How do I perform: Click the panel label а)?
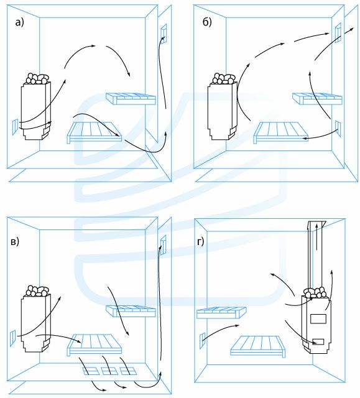click(x=19, y=22)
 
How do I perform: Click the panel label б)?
click(x=207, y=22)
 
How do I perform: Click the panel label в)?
click(x=15, y=242)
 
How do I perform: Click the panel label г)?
click(x=200, y=242)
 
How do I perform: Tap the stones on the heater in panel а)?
click(x=37, y=78)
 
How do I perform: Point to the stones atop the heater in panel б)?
click(x=224, y=78)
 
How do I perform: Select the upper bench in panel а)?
click(x=131, y=99)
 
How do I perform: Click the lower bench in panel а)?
click(x=95, y=132)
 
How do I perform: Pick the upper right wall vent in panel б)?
click(x=338, y=32)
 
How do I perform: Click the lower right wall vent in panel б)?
click(x=338, y=129)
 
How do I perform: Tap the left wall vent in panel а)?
click(x=15, y=127)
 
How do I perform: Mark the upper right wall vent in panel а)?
click(x=164, y=33)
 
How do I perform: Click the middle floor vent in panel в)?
click(x=109, y=371)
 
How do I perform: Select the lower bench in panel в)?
click(x=95, y=345)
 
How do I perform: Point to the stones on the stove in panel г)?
click(x=316, y=292)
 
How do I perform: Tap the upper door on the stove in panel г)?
click(x=318, y=318)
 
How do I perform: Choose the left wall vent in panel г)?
click(x=203, y=340)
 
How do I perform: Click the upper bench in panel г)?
click(x=221, y=313)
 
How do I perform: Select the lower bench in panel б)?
click(x=281, y=132)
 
